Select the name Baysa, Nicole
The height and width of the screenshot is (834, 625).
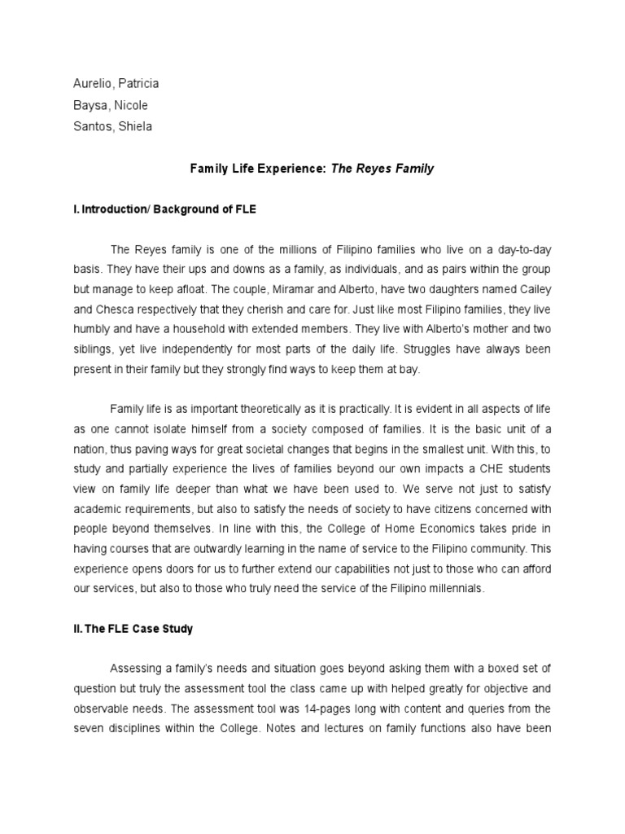click(107, 105)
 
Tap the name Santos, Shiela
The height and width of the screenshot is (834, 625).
click(110, 126)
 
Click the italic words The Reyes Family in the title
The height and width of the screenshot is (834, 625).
click(382, 169)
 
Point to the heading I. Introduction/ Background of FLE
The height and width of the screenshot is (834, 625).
click(164, 209)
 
